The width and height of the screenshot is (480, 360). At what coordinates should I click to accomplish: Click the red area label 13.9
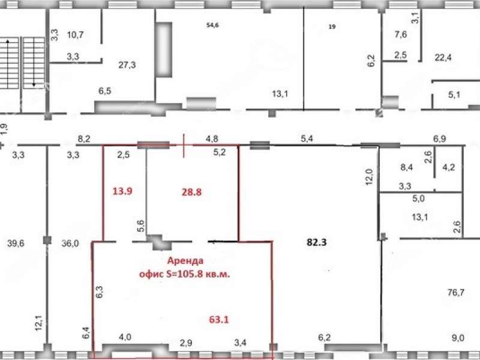point(122,191)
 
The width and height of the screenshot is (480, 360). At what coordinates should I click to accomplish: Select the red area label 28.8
point(191,192)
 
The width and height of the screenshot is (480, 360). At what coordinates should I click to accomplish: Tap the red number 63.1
point(219,320)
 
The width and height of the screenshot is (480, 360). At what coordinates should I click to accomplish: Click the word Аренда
point(185,261)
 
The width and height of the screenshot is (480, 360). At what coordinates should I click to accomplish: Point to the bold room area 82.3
point(317,242)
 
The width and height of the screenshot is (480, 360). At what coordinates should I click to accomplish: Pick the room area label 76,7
point(456,293)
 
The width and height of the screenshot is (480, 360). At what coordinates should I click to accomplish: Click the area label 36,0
point(70,244)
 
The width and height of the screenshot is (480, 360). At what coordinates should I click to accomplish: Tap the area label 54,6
point(213,25)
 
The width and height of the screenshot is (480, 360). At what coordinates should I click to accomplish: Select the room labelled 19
point(332,26)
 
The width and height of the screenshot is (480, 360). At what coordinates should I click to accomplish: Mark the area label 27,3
point(127,65)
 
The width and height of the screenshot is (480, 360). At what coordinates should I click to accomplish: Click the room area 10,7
point(76,35)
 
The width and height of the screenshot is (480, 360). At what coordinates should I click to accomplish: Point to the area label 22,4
point(443,57)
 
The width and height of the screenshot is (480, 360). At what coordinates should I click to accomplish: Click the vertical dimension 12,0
point(370,176)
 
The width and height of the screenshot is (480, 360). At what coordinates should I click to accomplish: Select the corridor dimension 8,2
point(84,139)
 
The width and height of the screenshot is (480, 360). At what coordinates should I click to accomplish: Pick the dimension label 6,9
point(439,139)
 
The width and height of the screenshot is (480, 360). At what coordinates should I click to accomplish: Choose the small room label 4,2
point(449,167)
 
